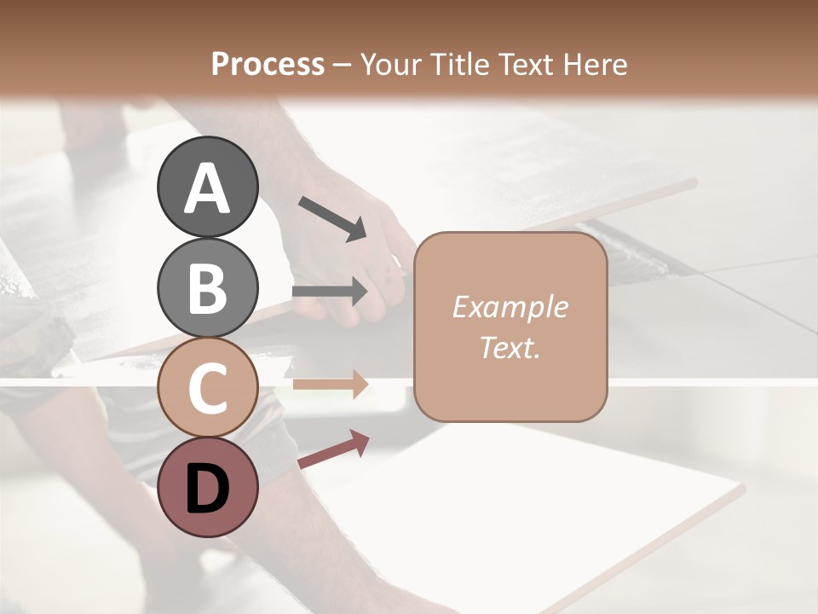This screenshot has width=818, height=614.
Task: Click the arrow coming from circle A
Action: point(332,217)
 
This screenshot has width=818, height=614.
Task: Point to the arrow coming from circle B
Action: point(330,292)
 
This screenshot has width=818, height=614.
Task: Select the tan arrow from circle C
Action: point(330,384)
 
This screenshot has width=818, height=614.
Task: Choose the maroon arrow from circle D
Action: point(333,449)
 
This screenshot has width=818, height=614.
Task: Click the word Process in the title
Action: point(268,64)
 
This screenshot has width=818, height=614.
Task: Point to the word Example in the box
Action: point(510,307)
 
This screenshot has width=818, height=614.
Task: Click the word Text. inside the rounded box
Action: point(510,348)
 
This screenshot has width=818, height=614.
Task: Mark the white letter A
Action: point(207,189)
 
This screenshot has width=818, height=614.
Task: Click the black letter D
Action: point(207,490)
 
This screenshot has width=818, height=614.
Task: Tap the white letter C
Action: point(207,390)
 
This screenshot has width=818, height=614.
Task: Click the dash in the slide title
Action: point(342,65)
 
